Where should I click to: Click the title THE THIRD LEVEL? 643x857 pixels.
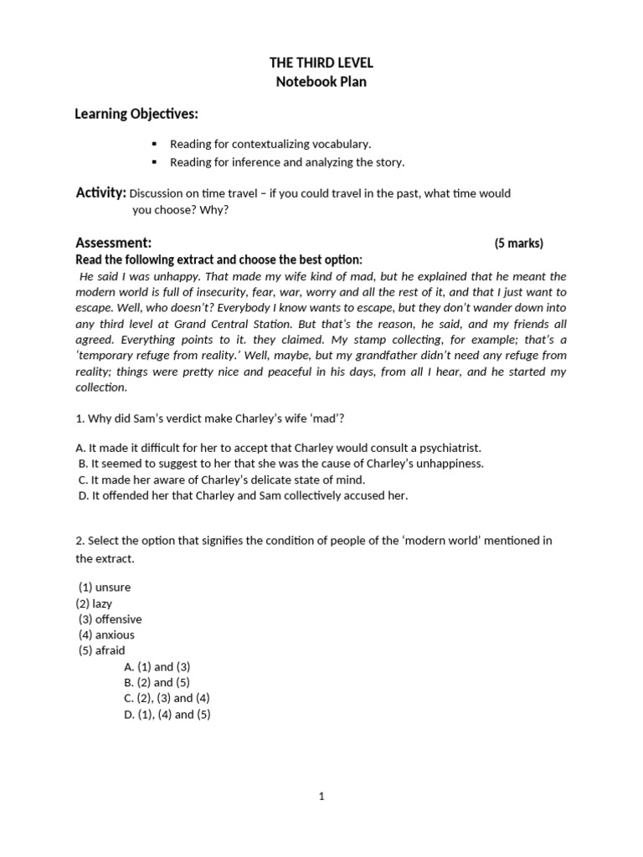tap(321, 64)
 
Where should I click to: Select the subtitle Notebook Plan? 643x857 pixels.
tap(321, 82)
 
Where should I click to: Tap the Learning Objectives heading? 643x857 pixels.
tap(136, 113)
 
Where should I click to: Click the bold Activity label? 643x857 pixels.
tap(100, 193)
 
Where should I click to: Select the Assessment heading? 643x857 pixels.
tap(113, 243)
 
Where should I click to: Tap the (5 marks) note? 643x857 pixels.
tap(518, 244)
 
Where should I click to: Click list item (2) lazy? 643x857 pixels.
tap(94, 603)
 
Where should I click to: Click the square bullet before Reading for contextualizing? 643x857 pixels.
tap(154, 144)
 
